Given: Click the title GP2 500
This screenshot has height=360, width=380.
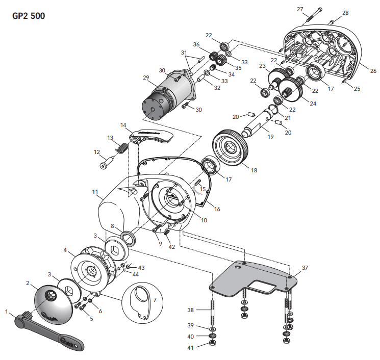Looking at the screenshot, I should (29, 16).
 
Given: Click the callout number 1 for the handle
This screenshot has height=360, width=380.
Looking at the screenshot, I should (6, 310).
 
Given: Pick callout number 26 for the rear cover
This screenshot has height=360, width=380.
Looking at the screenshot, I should (373, 70).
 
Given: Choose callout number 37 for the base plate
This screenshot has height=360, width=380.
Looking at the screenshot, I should (305, 267).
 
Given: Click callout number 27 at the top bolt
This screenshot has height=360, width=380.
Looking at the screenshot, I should (314, 9).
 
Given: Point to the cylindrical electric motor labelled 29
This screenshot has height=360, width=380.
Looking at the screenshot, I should (166, 96).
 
